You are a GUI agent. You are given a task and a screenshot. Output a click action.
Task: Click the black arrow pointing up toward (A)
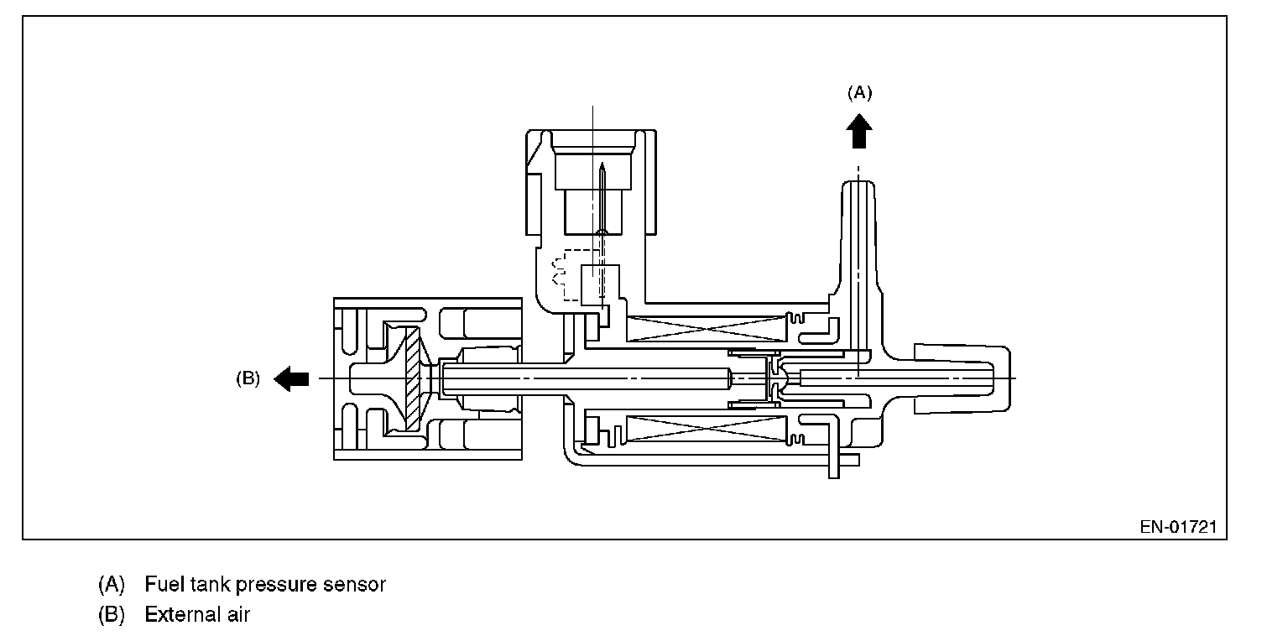[x=858, y=132]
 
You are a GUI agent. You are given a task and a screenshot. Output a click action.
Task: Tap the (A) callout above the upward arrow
[x=858, y=92]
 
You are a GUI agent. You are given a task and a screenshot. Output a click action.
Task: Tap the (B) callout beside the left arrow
[x=248, y=378]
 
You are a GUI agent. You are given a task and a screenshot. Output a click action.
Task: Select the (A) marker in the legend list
[x=111, y=584]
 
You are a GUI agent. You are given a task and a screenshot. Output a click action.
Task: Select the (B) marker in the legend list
[x=111, y=615]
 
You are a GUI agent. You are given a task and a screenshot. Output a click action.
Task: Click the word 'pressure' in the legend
[x=279, y=584]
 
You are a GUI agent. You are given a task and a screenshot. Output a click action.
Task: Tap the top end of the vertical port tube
[x=858, y=186]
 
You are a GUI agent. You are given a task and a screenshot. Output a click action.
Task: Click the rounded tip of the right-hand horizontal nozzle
[x=996, y=378]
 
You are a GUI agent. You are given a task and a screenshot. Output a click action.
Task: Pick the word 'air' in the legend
[x=238, y=615]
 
